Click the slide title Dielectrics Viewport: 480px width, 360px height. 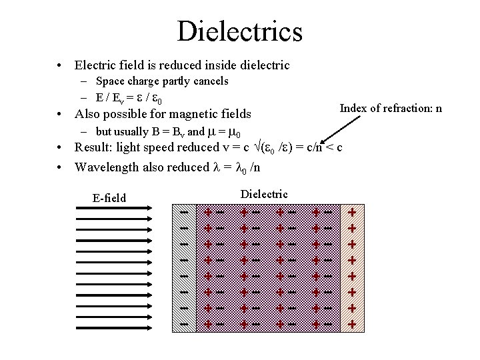239,31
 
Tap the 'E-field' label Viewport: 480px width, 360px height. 109,197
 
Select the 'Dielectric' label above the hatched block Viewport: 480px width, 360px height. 264,194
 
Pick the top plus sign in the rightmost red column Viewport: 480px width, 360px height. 352,211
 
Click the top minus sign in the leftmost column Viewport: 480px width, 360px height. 184,211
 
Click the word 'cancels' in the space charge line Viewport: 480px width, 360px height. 211,81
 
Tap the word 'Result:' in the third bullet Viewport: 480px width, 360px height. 92,147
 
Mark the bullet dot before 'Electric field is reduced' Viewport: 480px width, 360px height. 61,66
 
